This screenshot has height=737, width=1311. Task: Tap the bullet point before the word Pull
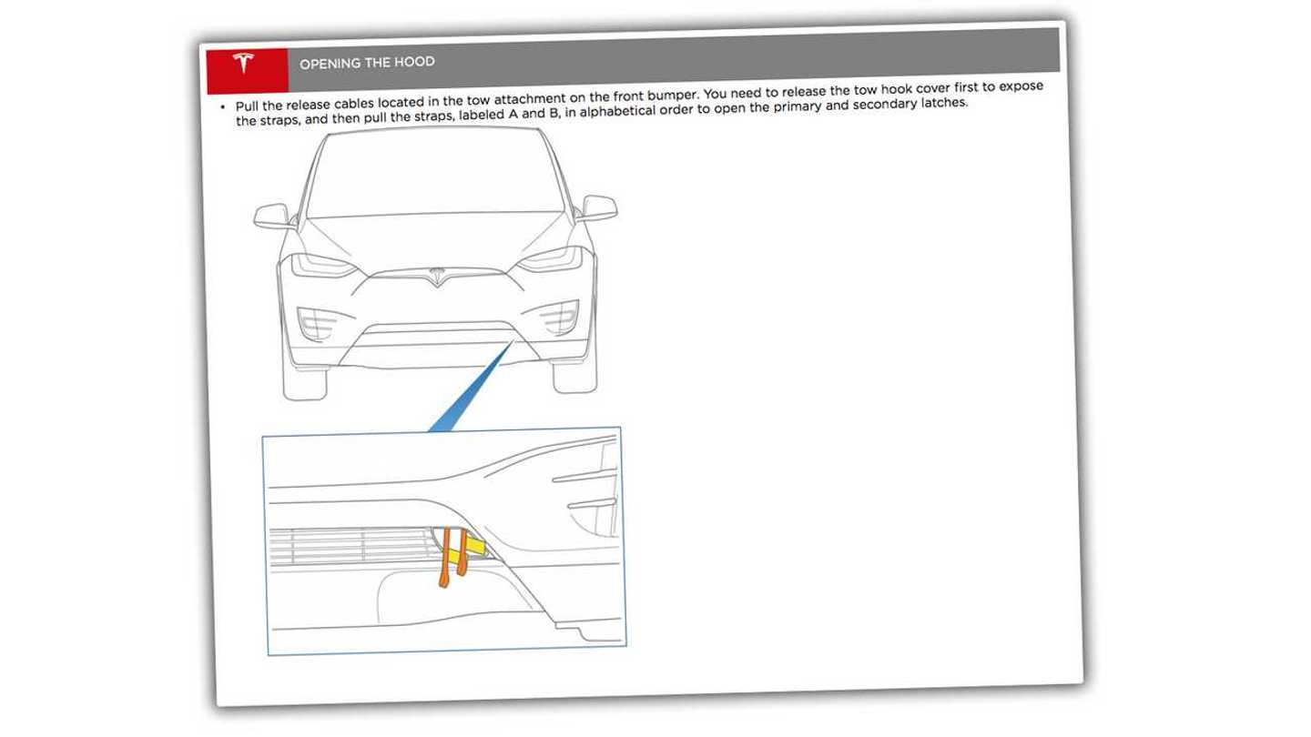223,107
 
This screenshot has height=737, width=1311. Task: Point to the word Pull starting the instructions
249,106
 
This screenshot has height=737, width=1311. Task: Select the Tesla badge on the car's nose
436,274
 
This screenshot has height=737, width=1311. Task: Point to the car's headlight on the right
551,260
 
